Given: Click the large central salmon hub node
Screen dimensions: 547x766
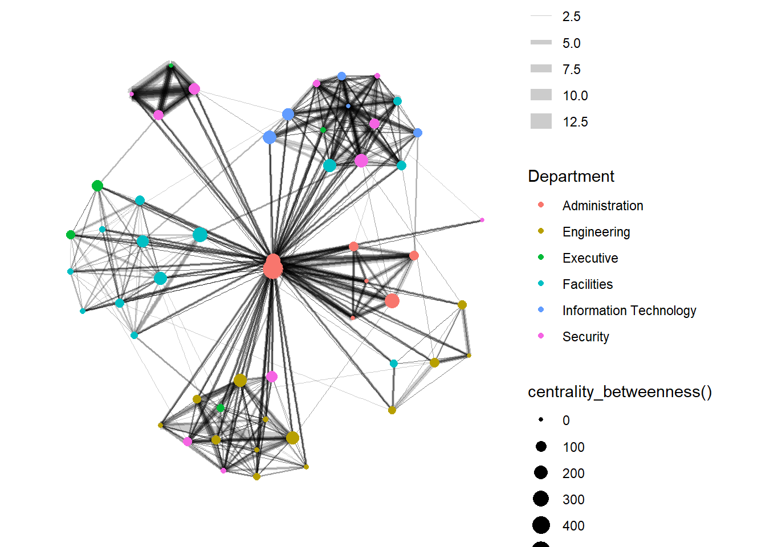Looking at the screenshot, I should (x=273, y=267).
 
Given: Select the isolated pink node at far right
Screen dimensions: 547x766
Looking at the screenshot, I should (x=482, y=220).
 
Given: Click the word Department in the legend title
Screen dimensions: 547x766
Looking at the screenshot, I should (x=571, y=177).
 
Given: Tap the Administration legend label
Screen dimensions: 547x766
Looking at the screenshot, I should (x=602, y=206).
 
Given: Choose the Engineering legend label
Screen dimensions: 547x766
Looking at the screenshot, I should (x=596, y=232).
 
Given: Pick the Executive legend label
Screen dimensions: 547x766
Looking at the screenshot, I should (x=590, y=258).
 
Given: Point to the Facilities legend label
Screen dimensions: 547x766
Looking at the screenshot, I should (x=588, y=284).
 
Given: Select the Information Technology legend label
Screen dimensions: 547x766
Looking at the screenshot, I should (x=629, y=311).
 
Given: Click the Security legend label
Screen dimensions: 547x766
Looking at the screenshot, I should (x=585, y=337).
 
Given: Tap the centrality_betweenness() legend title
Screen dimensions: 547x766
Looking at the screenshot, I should (x=620, y=392).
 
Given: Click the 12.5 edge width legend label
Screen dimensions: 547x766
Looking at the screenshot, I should (x=575, y=122).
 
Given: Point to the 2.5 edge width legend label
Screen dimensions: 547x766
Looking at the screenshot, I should (x=571, y=17).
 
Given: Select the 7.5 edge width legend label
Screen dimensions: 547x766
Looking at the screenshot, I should (x=571, y=70).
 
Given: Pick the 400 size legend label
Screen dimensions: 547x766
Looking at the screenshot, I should (x=573, y=526).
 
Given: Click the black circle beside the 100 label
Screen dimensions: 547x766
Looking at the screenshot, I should (x=541, y=447).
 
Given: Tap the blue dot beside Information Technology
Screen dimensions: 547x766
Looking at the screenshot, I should (x=541, y=310).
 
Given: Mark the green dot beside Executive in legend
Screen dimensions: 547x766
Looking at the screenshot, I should (x=541, y=258).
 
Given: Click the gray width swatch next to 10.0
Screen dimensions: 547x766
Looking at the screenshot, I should (x=541, y=95).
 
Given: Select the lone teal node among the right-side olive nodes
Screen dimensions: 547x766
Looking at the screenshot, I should (x=394, y=364).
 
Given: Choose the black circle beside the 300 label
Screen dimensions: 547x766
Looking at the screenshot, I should (x=541, y=499).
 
